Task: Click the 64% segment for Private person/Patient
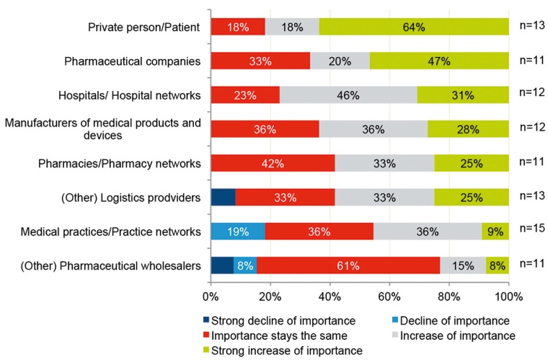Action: click(413, 27)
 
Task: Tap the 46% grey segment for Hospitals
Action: click(348, 95)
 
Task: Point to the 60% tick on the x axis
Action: click(389, 296)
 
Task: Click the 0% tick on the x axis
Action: click(211, 296)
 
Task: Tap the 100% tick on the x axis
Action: click(508, 296)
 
